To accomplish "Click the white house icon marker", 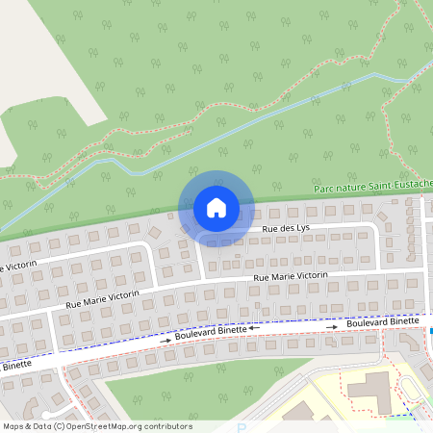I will [216, 207].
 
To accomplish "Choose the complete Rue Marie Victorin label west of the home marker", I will [103, 297].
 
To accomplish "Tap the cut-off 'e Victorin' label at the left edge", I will [17, 265].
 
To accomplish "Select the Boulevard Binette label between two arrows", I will [211, 334].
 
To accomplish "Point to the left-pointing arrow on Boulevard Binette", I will [254, 329].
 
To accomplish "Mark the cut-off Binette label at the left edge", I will [15, 366].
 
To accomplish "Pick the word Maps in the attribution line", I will [13, 426].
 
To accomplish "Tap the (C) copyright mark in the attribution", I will [60, 426].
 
